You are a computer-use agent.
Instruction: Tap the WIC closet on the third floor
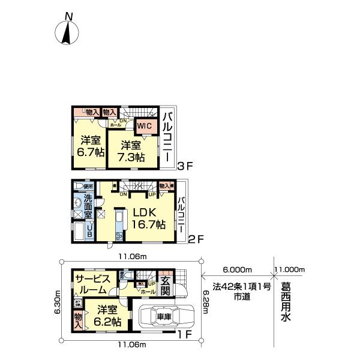[x=144, y=127]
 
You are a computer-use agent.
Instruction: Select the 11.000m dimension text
[x=290, y=270]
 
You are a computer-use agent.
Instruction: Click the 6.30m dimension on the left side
[x=57, y=306]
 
